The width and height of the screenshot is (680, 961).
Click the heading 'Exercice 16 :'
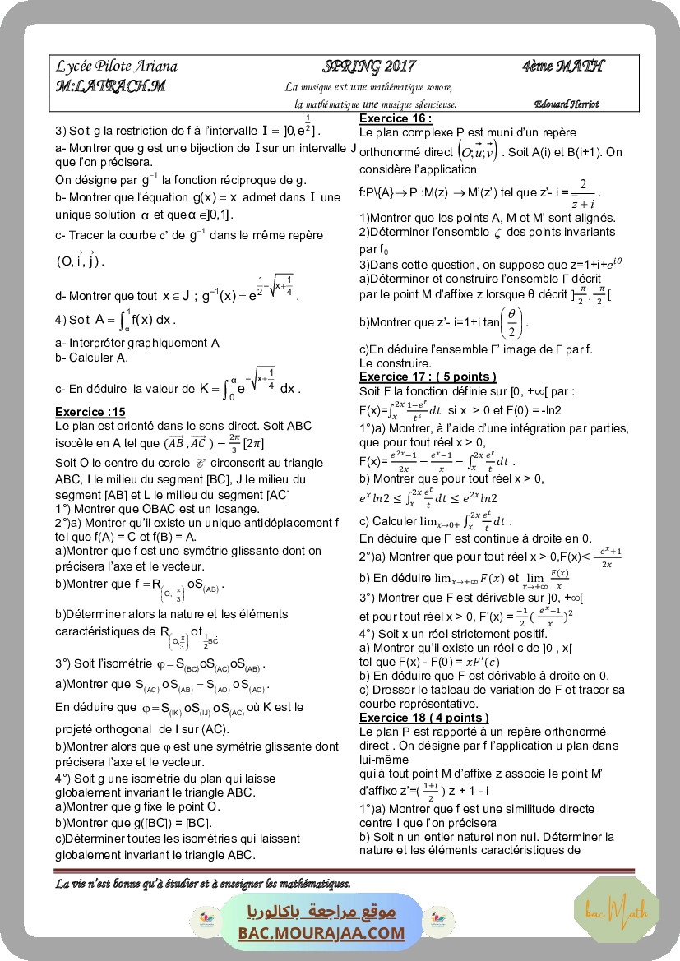396,118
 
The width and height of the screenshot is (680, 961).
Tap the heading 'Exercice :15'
90,412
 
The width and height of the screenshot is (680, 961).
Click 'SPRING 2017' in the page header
369,67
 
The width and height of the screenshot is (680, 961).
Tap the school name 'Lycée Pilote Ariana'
117,67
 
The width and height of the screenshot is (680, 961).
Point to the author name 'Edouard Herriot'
566,104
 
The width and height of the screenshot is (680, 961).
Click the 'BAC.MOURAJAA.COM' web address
321,933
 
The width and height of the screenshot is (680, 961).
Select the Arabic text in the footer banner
321,912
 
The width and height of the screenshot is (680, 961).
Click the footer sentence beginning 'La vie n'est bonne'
203,884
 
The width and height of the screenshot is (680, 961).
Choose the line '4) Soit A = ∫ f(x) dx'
115,320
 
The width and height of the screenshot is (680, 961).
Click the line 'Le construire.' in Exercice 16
396,363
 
